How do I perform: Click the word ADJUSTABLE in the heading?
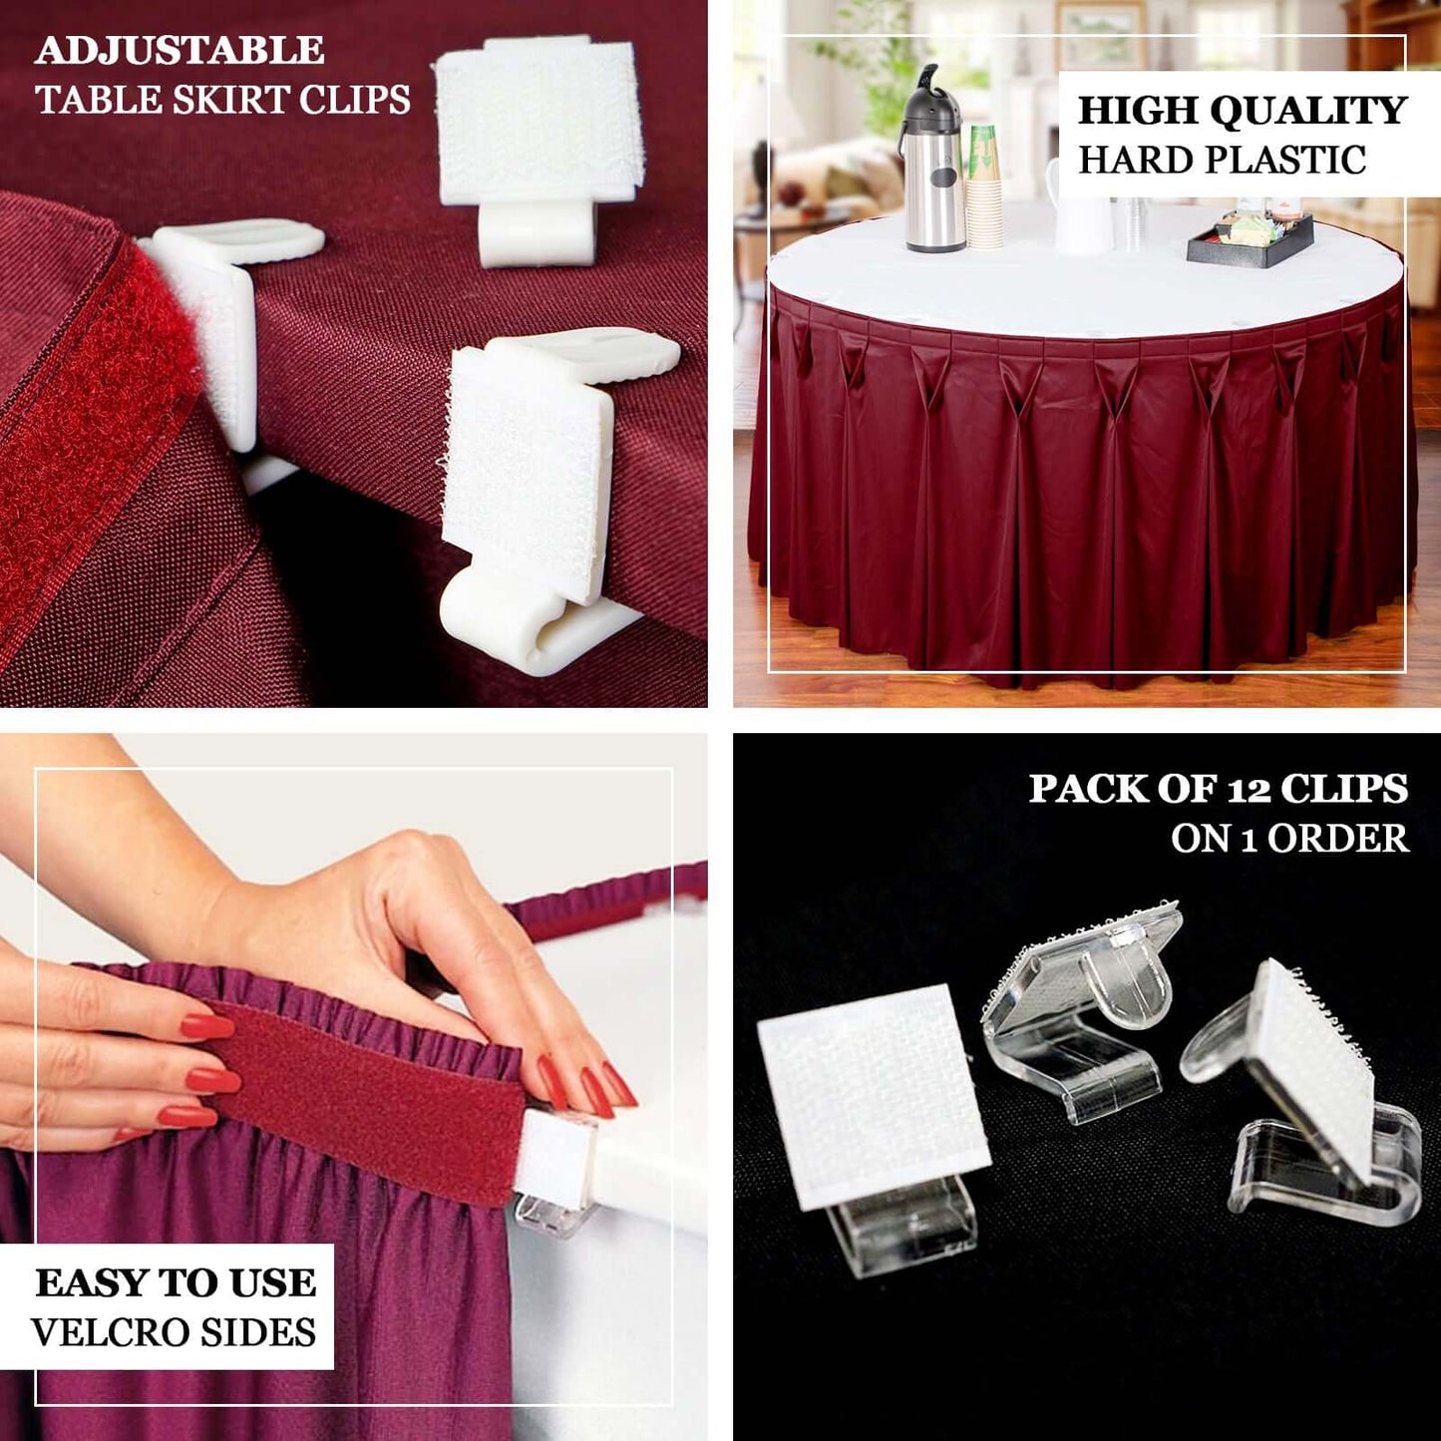click(180, 50)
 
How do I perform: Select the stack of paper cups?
click(984, 189)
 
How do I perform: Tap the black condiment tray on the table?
click(1250, 240)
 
